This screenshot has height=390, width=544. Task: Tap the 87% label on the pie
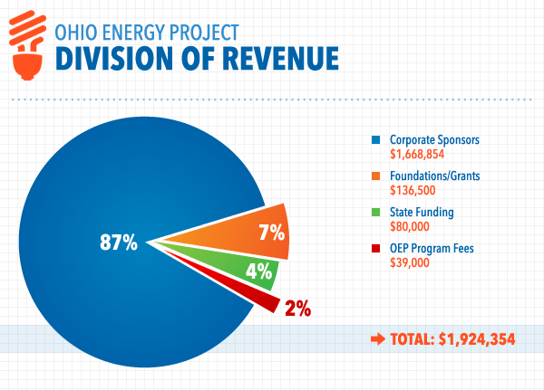pos(118,243)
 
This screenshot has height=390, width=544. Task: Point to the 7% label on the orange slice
pos(271,232)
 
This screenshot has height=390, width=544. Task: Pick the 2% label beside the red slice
pos(298,309)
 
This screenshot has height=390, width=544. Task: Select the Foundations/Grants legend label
pos(434,177)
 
